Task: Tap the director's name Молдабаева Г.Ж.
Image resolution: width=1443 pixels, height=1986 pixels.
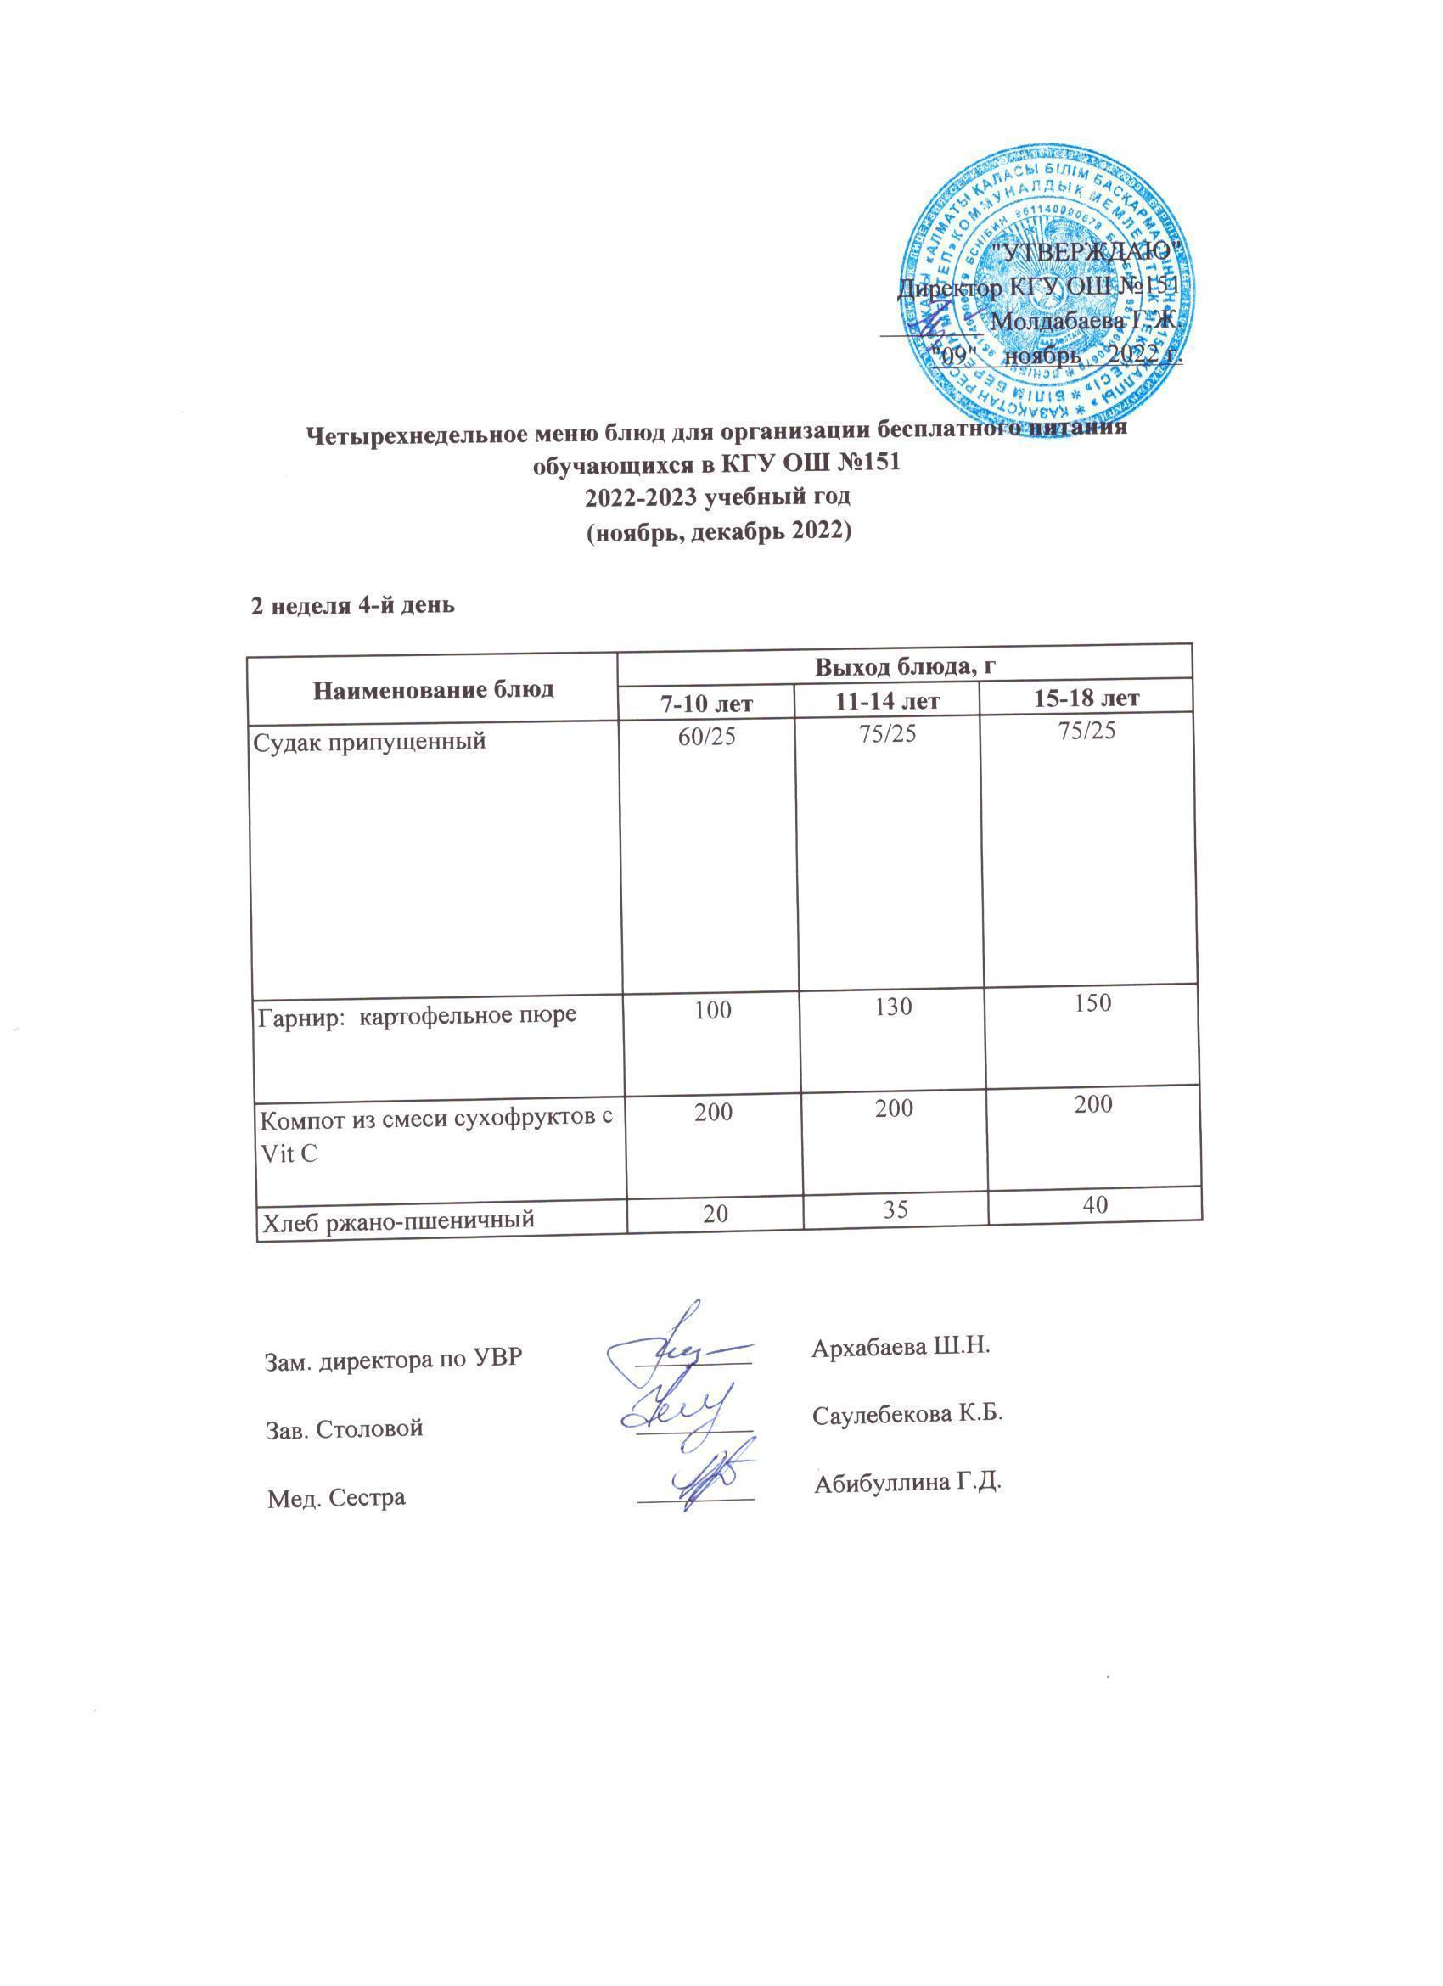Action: [1089, 322]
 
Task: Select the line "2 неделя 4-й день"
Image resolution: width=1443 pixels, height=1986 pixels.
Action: [353, 606]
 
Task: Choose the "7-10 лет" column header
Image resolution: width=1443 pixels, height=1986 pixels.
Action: [709, 701]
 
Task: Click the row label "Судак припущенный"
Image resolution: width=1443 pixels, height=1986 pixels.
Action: [368, 743]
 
